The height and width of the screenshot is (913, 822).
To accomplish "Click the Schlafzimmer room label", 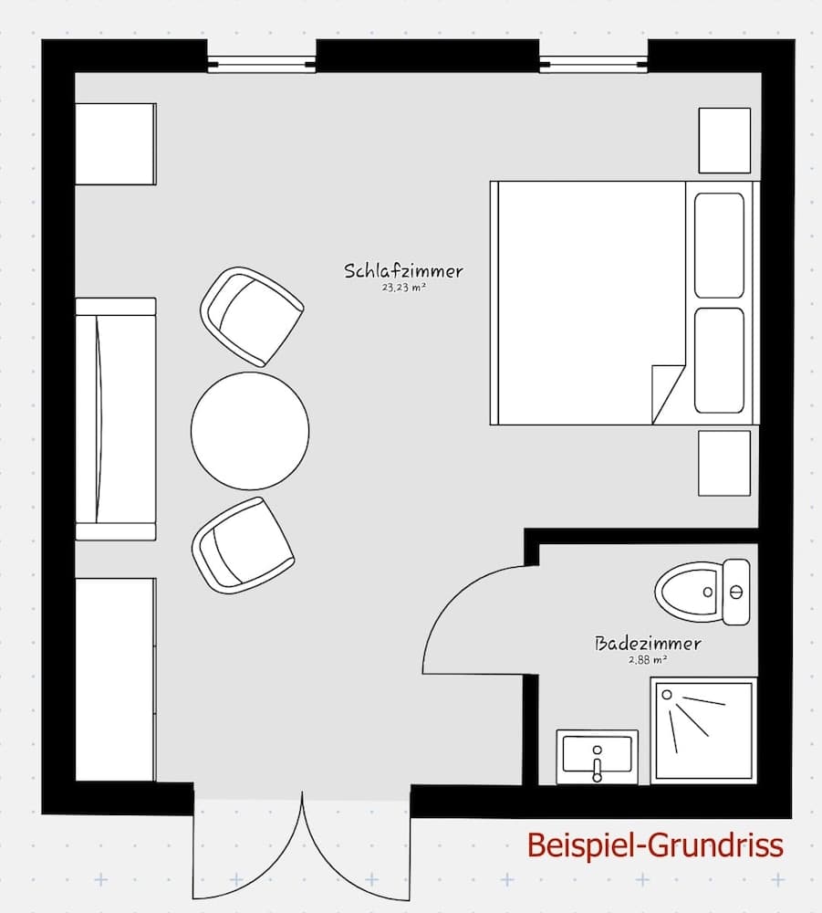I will pos(403,271).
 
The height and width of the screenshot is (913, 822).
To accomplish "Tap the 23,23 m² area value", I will pos(404,287).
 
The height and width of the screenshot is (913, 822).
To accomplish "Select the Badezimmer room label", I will pos(648,644).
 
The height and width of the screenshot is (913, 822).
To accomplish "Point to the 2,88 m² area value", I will pos(648,659).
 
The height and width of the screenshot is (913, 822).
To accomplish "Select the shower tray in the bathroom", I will pos(703,729).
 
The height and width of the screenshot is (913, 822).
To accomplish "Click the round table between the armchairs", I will pos(250,430).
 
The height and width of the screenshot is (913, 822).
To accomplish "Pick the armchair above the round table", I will pos(251,316).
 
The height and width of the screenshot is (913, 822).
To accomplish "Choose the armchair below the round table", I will pos(243,545).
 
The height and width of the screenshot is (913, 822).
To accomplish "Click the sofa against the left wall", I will pos(115,419).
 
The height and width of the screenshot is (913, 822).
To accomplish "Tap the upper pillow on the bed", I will pos(719,245).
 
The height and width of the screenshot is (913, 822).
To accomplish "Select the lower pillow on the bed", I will pos(719,361).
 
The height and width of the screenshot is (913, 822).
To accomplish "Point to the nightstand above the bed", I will pos(724,140).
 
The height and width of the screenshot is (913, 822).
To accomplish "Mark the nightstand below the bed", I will pos(724,463).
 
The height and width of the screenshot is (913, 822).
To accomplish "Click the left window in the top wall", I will pos(261,64).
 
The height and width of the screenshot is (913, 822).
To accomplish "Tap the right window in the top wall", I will pos(593,64).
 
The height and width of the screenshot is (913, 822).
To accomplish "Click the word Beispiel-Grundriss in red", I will pos(655,845).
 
